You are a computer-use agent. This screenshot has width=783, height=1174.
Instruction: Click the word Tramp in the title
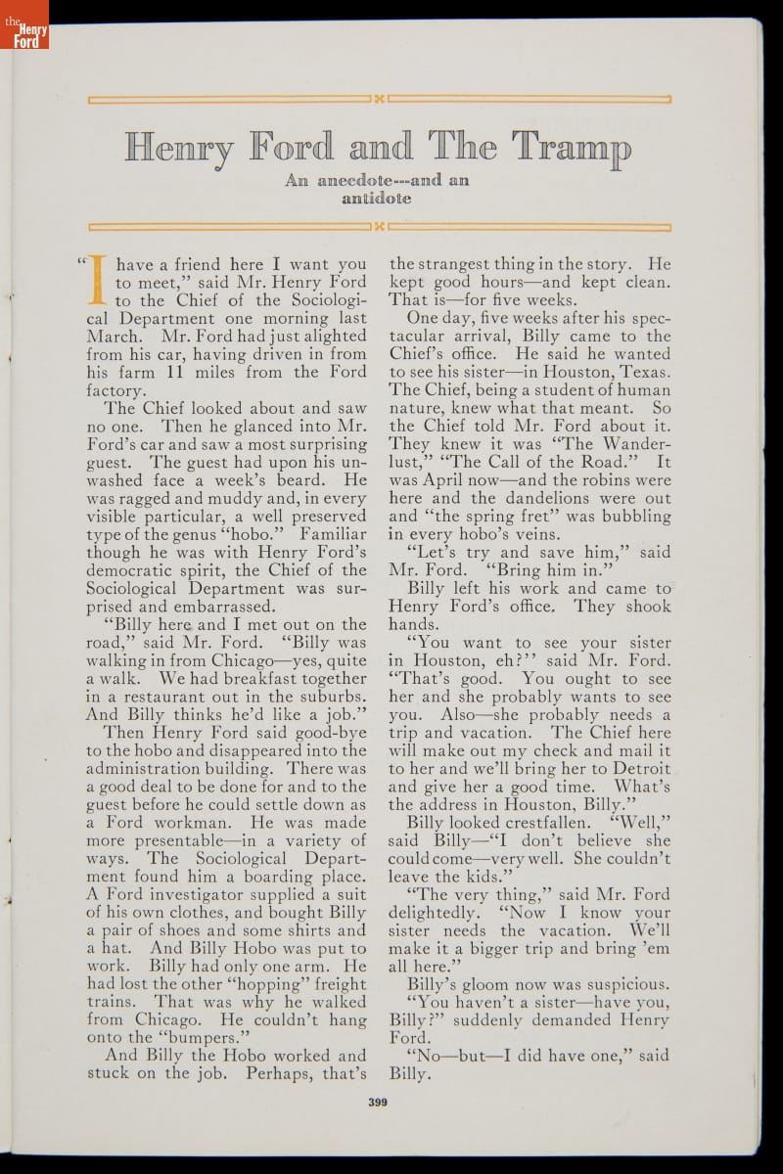(574, 147)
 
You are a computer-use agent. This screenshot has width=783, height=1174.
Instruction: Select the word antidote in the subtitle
(378, 198)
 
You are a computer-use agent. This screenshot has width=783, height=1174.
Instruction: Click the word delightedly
(437, 913)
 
